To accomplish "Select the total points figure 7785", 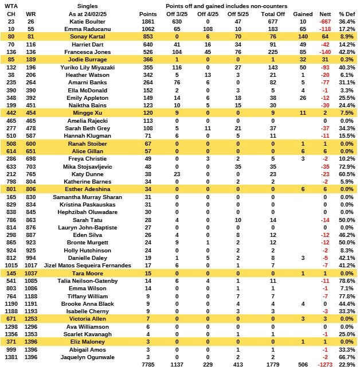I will tap(148, 364).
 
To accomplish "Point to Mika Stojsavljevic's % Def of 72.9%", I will tap(346, 166).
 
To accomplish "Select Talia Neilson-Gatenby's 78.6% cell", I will tap(346, 280).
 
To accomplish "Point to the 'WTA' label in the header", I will tap(12, 5).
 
